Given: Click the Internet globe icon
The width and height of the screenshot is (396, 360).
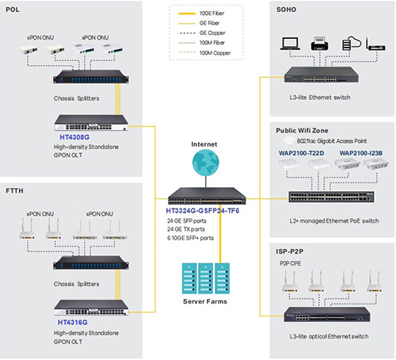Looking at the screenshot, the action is pyautogui.click(x=206, y=163).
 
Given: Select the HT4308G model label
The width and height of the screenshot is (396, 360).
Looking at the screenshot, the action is pyautogui.click(x=74, y=137).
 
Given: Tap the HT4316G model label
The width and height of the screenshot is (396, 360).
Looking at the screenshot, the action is pyautogui.click(x=73, y=323).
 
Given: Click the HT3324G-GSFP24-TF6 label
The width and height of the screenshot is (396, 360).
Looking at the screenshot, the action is pyautogui.click(x=203, y=211).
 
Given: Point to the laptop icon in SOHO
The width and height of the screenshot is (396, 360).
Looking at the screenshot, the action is pyautogui.click(x=290, y=44).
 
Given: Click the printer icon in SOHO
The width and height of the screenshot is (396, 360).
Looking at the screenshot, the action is pyautogui.click(x=320, y=44).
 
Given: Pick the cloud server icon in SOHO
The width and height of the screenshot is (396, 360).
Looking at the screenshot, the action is pyautogui.click(x=352, y=44).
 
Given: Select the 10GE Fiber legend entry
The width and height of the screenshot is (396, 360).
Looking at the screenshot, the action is pyautogui.click(x=201, y=13).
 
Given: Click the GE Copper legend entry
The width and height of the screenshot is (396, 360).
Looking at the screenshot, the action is pyautogui.click(x=202, y=33).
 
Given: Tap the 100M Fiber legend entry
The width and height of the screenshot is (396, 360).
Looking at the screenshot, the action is pyautogui.click(x=202, y=43).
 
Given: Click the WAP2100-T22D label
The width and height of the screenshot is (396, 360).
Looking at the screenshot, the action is pyautogui.click(x=301, y=153).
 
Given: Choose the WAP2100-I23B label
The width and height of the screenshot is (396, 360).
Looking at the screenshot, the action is pyautogui.click(x=361, y=153).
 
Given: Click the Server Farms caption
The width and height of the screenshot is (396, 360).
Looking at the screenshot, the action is pyautogui.click(x=205, y=301).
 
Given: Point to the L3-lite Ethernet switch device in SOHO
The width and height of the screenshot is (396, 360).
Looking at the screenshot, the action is pyautogui.click(x=322, y=75).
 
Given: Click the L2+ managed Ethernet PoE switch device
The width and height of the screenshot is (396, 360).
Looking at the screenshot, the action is pyautogui.click(x=331, y=197).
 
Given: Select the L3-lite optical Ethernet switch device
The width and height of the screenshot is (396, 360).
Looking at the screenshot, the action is pyautogui.click(x=327, y=314).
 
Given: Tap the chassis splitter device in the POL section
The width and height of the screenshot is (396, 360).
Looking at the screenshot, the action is pyautogui.click(x=91, y=77).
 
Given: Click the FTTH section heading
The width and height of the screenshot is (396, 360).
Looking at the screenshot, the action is pyautogui.click(x=14, y=191).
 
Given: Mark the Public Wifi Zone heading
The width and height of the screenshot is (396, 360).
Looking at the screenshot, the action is pyautogui.click(x=302, y=131).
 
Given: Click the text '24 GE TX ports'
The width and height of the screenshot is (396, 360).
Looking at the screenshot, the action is pyautogui.click(x=186, y=229).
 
